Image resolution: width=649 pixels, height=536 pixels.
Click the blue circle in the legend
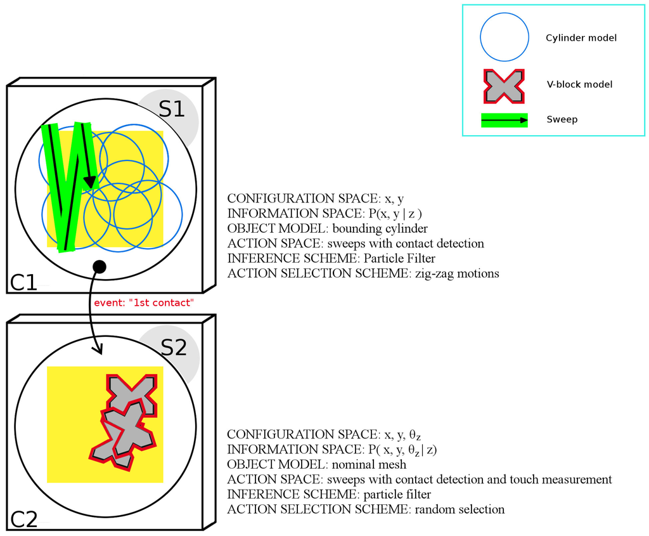click(504, 38)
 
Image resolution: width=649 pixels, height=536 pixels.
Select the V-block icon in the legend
click(504, 86)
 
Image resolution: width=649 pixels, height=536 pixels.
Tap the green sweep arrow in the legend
click(504, 119)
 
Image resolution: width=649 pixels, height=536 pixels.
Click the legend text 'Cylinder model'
click(581, 38)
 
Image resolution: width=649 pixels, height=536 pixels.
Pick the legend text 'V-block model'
click(579, 84)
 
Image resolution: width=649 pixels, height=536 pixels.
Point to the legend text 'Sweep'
click(562, 119)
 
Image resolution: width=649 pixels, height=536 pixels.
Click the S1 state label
click(171, 109)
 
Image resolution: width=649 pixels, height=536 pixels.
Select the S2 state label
click(173, 347)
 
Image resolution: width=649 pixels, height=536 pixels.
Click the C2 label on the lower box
click(23, 520)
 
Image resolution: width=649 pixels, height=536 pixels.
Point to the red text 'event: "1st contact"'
click(143, 303)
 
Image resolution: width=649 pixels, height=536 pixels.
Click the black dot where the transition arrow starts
click(100, 267)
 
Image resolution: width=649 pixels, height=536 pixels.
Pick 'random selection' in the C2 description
click(459, 510)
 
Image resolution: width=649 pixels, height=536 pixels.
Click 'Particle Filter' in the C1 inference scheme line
click(399, 259)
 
